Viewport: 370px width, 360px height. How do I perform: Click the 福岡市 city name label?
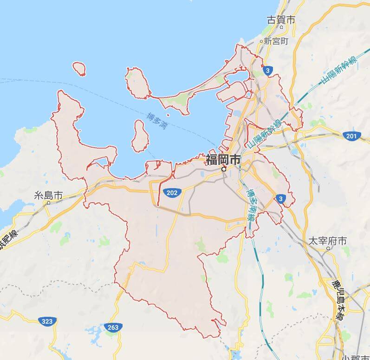point(223,160)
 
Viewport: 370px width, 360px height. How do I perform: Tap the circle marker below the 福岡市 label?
point(224,170)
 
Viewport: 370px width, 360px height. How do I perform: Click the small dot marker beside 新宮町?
point(261,41)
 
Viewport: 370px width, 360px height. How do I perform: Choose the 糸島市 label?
point(48,195)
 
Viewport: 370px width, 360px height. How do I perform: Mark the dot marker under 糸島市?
point(48,203)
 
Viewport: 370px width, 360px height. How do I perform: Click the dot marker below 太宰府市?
point(328,249)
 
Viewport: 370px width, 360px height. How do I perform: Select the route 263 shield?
point(112,327)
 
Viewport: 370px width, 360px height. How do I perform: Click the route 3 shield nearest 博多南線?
point(279,198)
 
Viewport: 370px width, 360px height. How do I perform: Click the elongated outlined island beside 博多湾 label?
point(140,136)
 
